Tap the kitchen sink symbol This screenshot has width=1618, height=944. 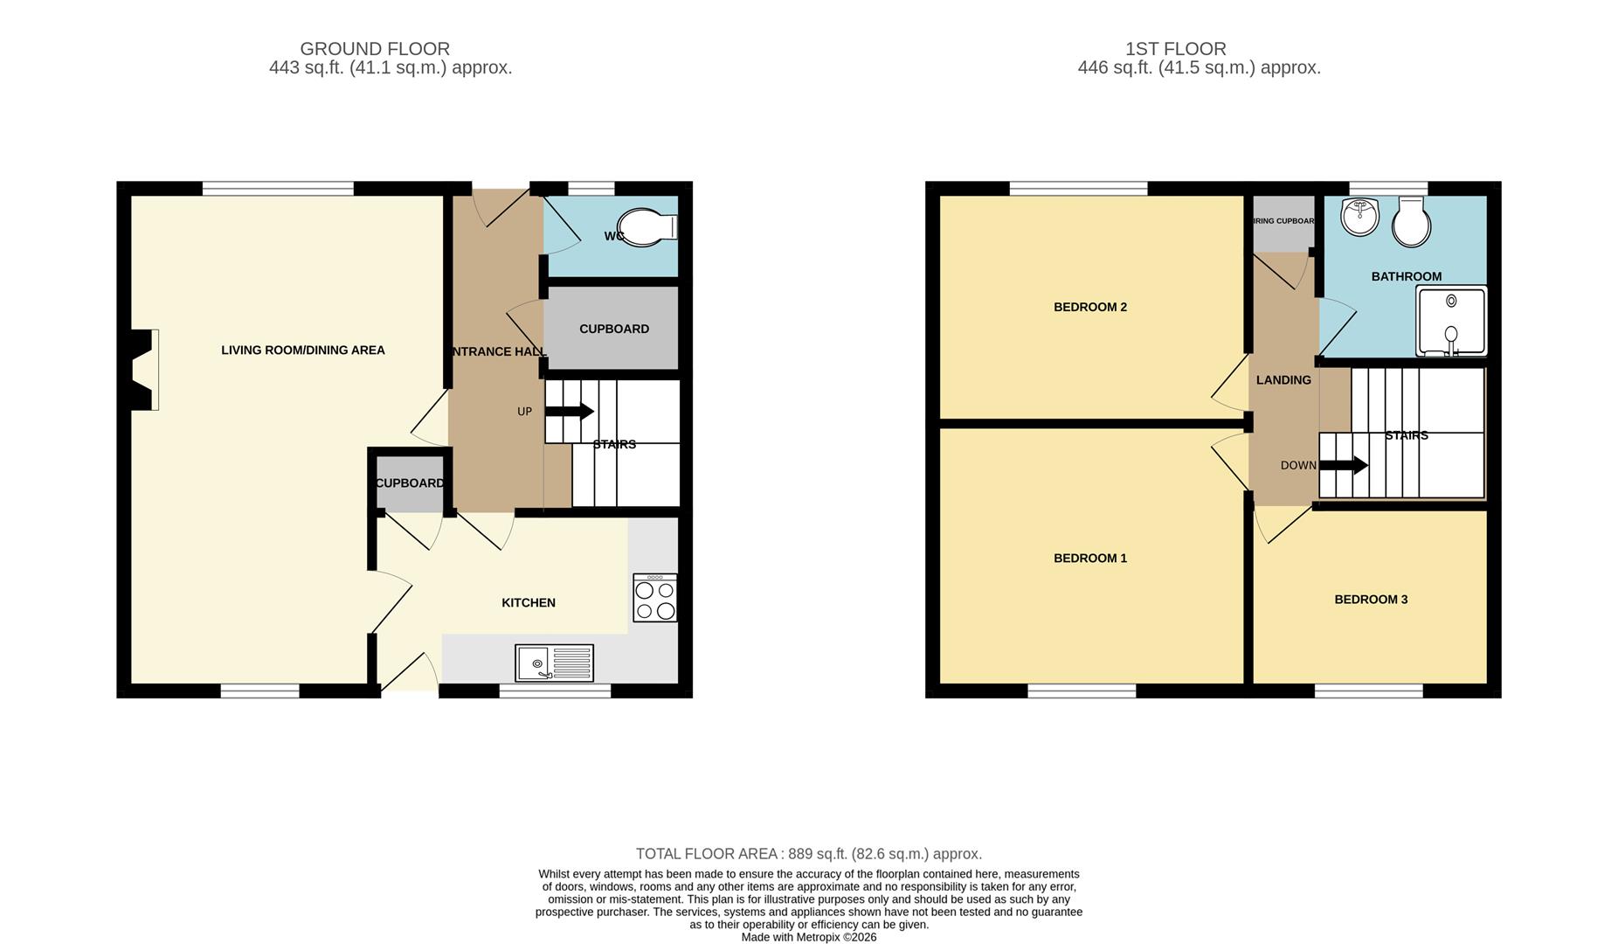(554, 663)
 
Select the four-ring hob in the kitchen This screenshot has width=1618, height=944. (654, 598)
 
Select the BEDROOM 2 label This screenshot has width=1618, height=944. (1089, 307)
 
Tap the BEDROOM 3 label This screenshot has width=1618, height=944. (1370, 600)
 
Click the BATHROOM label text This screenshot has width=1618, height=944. (1406, 276)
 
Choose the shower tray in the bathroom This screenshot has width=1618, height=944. (1450, 322)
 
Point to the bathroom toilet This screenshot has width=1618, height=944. (1411, 222)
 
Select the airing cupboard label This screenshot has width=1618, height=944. (1283, 221)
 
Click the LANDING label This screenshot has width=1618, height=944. (1283, 380)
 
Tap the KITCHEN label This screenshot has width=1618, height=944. (528, 603)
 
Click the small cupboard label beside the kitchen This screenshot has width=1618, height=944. (409, 483)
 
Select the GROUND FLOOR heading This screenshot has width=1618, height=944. (375, 49)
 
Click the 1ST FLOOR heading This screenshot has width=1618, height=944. (1175, 49)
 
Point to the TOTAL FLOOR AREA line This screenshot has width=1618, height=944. (808, 854)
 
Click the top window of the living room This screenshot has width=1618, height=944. (278, 188)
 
